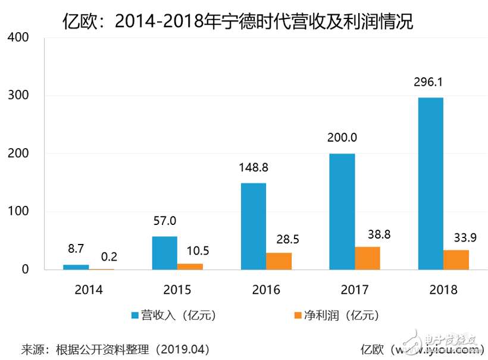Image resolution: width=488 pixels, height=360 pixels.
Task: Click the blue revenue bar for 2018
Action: [x=430, y=183]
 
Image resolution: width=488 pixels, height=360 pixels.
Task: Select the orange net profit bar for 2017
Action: [x=367, y=258]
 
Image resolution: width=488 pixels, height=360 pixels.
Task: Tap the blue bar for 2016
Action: [x=253, y=226]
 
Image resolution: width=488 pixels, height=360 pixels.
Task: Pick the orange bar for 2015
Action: [x=190, y=266]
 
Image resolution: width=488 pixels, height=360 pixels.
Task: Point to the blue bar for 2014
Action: [x=76, y=267]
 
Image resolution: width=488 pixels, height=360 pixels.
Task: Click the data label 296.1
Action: [x=430, y=82]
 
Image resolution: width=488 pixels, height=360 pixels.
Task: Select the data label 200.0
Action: [x=342, y=138]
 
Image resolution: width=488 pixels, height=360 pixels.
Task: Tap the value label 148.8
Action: [x=253, y=167]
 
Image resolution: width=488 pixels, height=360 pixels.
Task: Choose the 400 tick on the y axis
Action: [x=20, y=37]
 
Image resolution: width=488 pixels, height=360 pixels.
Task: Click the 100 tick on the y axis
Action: [x=20, y=211]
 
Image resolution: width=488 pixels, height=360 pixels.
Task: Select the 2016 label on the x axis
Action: [x=265, y=290]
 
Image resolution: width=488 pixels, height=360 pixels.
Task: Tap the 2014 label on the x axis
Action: [x=89, y=290]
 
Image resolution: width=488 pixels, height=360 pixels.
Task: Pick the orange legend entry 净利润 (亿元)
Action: [x=336, y=315]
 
